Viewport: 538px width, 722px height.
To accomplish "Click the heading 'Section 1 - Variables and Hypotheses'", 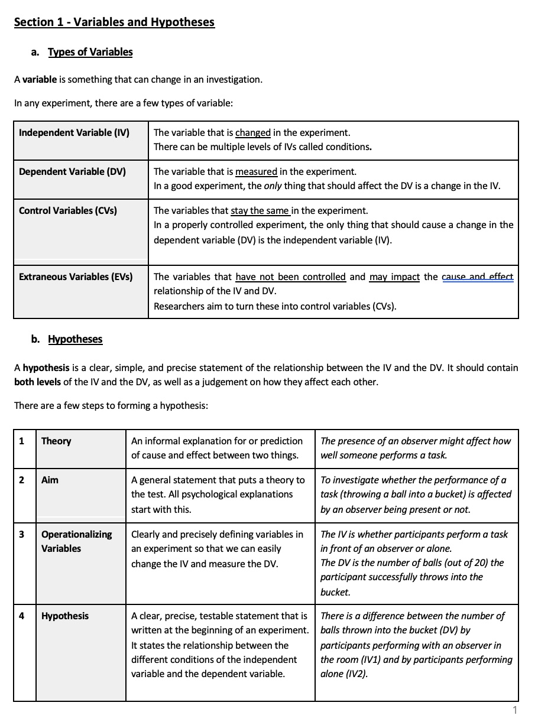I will pos(114,22).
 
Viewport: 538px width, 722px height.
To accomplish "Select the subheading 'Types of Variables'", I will pos(90,52).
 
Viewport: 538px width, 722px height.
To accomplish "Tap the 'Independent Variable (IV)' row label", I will pos(74,132).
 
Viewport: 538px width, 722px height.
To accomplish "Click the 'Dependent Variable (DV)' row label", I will pos(72,171).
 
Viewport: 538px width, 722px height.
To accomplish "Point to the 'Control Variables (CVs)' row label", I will pos(68,210).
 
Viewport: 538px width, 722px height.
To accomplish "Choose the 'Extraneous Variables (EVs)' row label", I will pos(76,277).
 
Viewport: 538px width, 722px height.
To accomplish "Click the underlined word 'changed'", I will pos(253,132).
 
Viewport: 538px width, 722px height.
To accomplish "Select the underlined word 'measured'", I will pos(256,171).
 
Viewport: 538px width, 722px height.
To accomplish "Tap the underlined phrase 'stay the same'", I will pos(261,210).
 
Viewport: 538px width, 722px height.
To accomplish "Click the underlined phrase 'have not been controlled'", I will pos(290,277).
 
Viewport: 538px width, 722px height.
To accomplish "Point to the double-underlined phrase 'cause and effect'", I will pos(478,277).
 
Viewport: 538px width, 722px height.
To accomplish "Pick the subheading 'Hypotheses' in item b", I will pos(75,339).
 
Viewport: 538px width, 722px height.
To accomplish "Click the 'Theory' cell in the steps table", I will pos(56,441).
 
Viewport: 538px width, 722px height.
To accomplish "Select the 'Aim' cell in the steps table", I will pos(50,480).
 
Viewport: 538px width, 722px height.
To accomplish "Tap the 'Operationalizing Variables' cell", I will pos(76,541).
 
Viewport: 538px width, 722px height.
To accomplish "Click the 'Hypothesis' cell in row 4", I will pos(65,616).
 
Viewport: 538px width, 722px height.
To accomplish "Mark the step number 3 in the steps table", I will pos(22,534).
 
